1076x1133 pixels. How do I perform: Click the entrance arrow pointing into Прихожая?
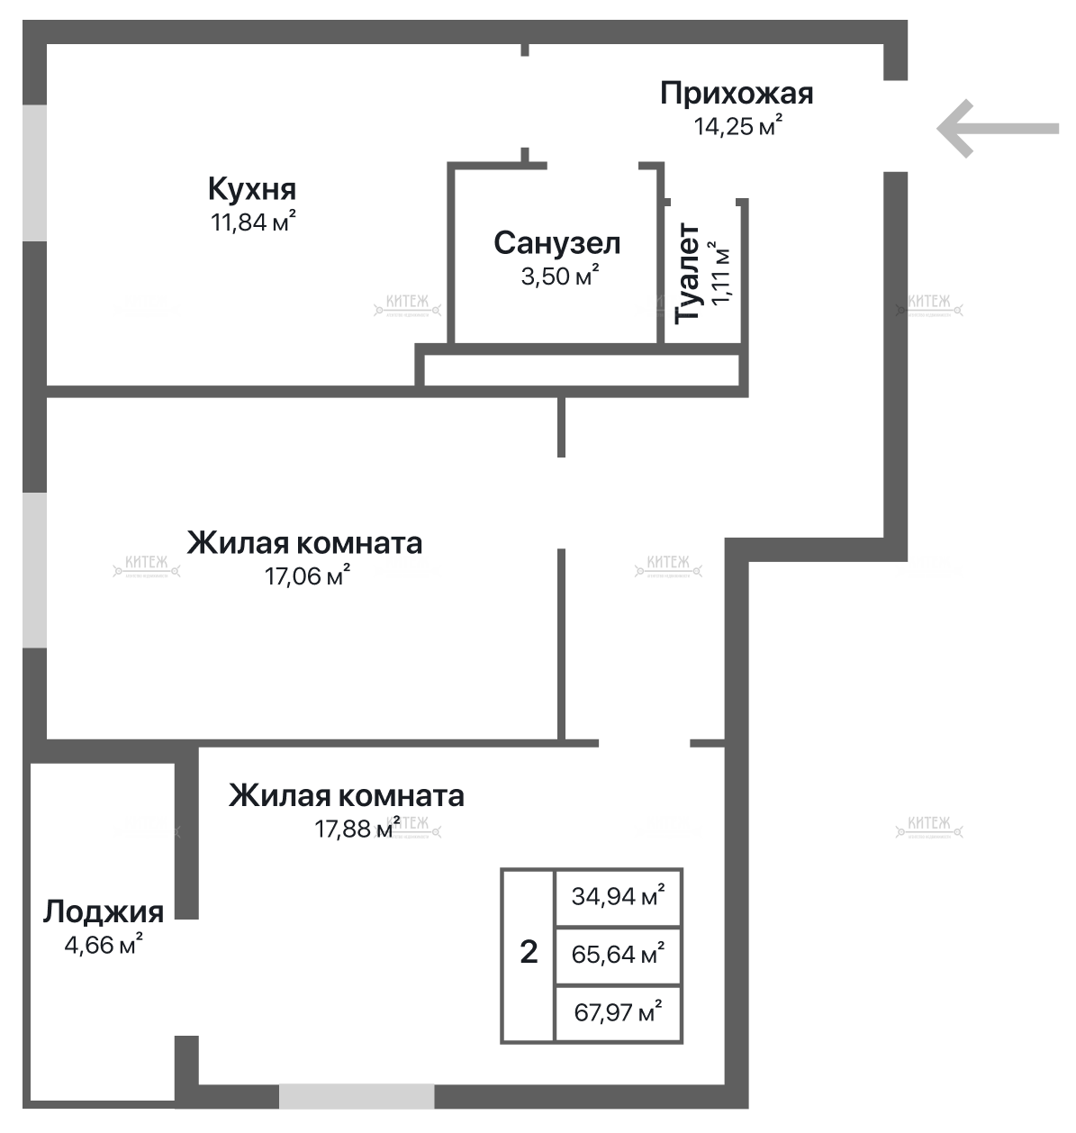997,129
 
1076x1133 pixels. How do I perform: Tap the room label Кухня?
251,190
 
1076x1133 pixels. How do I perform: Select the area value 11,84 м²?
253,222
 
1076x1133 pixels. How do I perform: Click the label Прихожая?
737,93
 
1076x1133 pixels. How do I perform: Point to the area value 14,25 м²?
737,125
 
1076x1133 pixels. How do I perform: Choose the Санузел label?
557,243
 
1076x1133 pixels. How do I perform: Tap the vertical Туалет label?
689,274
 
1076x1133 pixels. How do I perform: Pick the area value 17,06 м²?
306,576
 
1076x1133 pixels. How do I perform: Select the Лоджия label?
104,911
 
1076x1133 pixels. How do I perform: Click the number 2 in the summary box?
529,952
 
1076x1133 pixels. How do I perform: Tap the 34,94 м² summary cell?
619,896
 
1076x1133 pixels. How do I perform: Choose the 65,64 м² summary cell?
619,953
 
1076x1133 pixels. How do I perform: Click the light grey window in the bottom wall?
357,1096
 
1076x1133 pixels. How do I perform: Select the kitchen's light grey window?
34,173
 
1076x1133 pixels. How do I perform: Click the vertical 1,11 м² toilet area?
721,274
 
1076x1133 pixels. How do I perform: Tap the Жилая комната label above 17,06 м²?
304,543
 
